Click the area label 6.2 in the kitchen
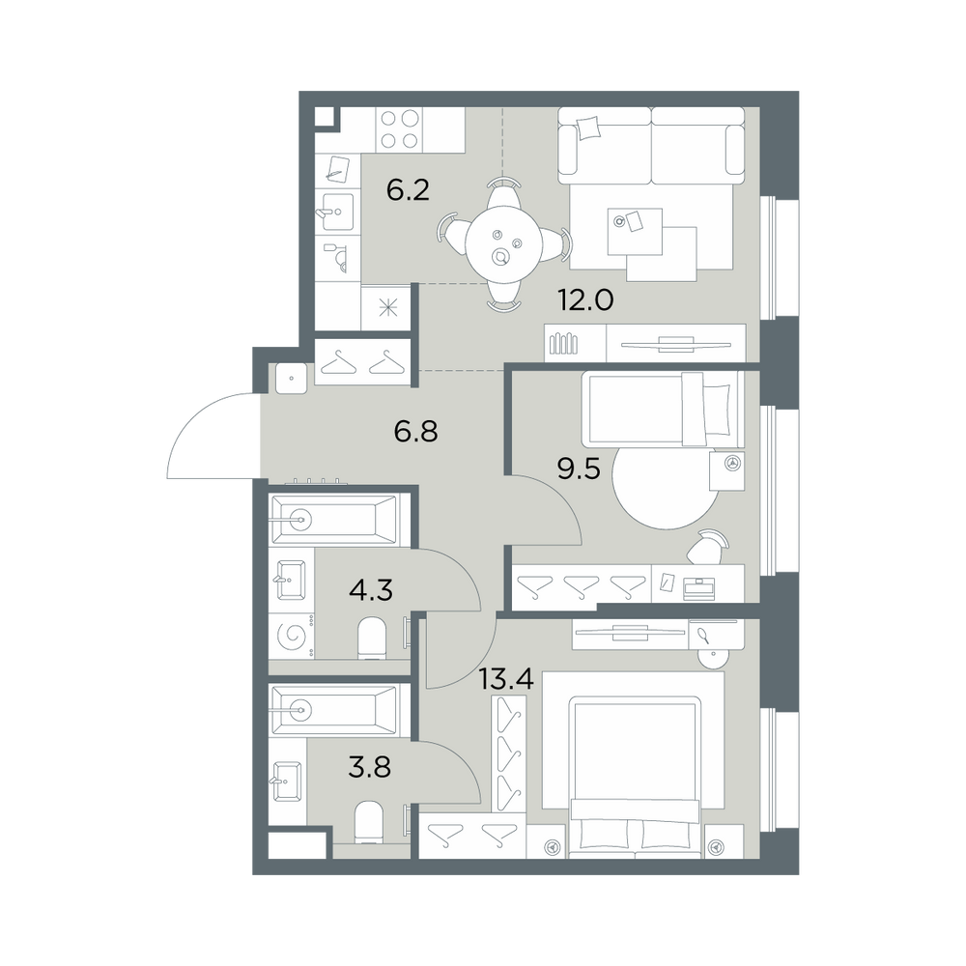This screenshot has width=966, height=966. pyautogui.click(x=408, y=190)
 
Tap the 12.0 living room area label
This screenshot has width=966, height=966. pyautogui.click(x=586, y=300)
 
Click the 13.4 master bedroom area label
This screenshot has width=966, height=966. pyautogui.click(x=506, y=680)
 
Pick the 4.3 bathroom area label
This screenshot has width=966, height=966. pyautogui.click(x=371, y=590)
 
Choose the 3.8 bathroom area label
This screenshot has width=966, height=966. pyautogui.click(x=370, y=768)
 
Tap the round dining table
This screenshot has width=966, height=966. pyautogui.click(x=503, y=243)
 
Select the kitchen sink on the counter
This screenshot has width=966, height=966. pyautogui.click(x=336, y=213)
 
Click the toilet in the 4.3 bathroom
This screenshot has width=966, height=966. pyautogui.click(x=372, y=639)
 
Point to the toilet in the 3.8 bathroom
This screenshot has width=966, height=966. pyautogui.click(x=370, y=822)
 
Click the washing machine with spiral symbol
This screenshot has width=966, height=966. pyautogui.click(x=293, y=636)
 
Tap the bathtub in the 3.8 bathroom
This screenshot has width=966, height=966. pyautogui.click(x=334, y=710)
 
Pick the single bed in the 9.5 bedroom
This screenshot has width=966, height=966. pyautogui.click(x=664, y=409)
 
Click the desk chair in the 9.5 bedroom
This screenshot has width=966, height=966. pyautogui.click(x=708, y=547)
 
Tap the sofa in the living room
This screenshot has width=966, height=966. pyautogui.click(x=651, y=146)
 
